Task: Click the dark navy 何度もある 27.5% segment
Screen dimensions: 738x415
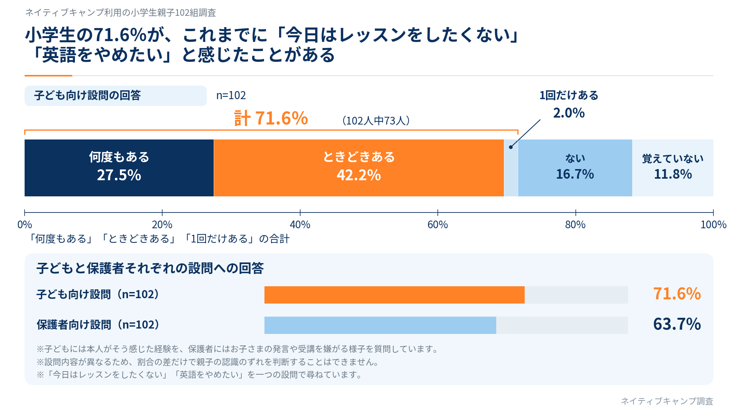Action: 119,168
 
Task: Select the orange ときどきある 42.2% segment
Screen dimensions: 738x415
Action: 359,168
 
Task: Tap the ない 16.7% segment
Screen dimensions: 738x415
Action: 575,168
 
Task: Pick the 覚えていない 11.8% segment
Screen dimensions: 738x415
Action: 673,168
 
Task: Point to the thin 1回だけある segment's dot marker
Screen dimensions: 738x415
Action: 511,147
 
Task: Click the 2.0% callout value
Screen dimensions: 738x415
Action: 569,113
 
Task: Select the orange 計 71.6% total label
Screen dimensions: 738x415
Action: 271,118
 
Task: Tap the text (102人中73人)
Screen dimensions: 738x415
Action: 376,121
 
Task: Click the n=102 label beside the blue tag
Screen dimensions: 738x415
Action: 231,95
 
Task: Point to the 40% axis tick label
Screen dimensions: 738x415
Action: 300,225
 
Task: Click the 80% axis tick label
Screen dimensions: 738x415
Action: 575,225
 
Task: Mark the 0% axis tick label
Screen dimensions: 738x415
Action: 25,225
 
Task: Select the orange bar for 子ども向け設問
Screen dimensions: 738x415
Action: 394,295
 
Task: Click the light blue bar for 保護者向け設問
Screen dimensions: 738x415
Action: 380,325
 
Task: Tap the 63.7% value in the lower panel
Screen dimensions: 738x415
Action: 677,324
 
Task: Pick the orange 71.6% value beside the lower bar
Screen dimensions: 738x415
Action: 677,294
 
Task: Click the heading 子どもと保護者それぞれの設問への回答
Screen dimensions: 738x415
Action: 150,268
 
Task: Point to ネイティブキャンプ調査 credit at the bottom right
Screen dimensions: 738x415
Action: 667,401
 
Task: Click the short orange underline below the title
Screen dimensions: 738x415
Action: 48,76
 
